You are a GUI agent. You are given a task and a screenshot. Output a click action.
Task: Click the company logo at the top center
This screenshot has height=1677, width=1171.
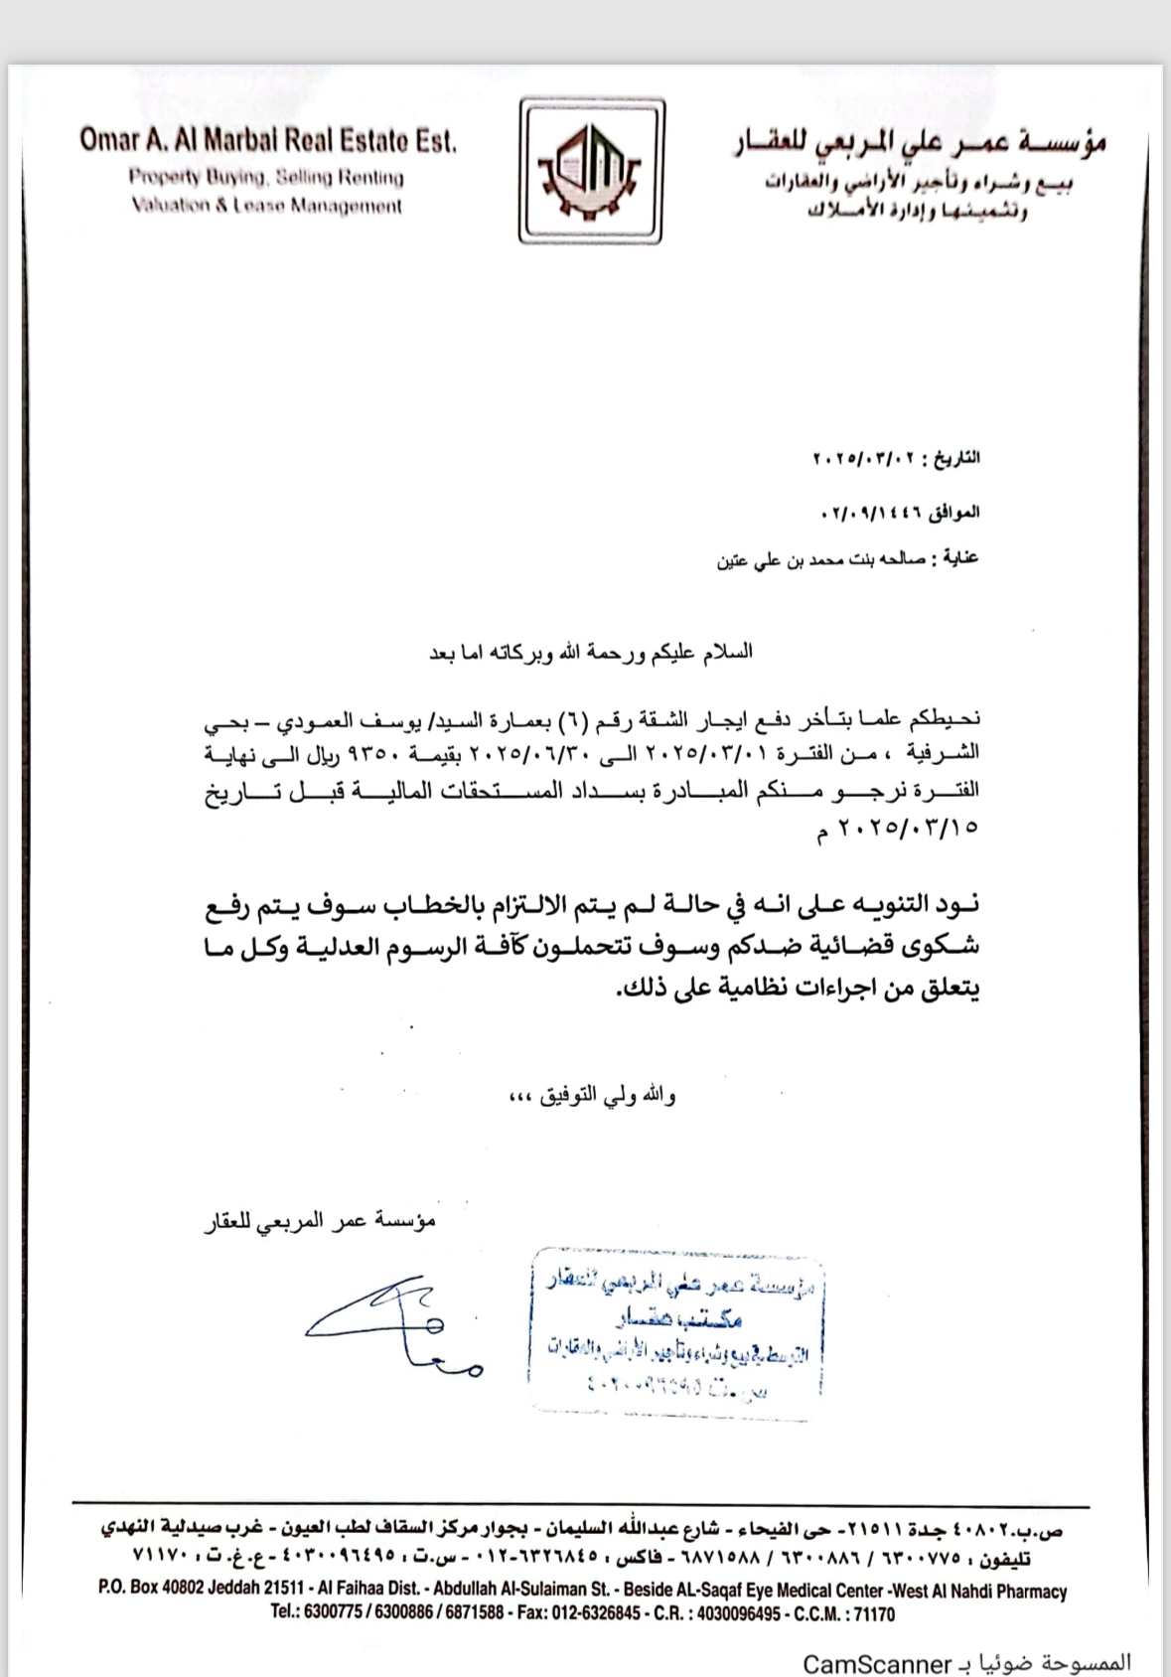point(592,171)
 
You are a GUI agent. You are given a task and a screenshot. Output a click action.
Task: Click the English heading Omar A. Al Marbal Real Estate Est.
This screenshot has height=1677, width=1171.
point(268,140)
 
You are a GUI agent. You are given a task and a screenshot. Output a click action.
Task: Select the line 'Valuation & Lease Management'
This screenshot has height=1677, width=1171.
point(266,207)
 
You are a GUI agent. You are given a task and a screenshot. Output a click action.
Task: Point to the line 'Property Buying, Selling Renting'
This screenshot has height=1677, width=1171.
point(266,178)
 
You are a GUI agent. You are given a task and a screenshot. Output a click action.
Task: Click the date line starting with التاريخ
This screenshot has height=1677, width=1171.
point(897,459)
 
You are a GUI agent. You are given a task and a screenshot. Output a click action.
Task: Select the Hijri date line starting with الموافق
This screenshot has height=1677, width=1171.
point(900,514)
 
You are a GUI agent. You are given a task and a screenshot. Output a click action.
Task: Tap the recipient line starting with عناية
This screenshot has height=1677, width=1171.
point(848,558)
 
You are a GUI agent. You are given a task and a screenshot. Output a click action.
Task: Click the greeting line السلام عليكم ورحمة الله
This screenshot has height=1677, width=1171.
point(590,653)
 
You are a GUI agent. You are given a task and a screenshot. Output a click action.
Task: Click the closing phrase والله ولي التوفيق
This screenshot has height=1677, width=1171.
point(607,1096)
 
